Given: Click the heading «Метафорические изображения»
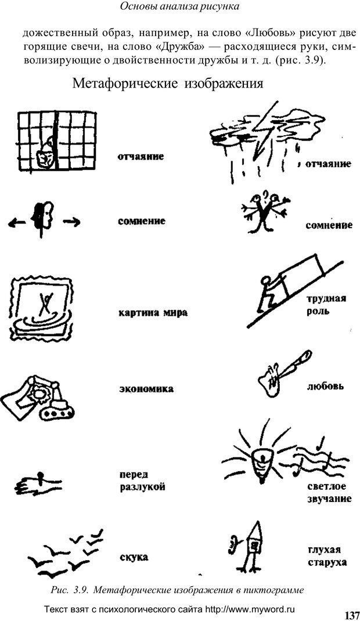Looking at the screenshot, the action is pos(168,84).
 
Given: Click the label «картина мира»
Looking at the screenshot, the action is pos(153,313).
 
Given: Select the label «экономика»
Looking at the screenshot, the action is pos(146,389).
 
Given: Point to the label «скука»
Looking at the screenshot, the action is pos(134,557).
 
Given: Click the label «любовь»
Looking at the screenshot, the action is pos(325,385).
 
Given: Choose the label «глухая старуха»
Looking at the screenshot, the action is pos(327,555).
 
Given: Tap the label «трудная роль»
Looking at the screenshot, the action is pos(326,304).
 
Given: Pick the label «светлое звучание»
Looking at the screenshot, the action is pos(329,492).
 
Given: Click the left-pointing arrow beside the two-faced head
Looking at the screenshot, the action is pos(17,223).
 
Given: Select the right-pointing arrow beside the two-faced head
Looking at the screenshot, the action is pos(71,223).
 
